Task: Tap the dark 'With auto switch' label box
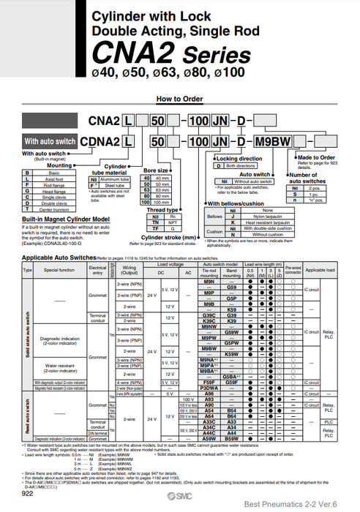click(50, 141)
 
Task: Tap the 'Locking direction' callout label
click(239, 159)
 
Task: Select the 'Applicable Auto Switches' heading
click(59, 258)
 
